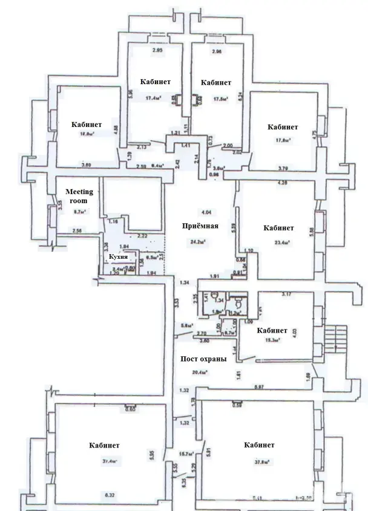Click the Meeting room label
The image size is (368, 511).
coord(79,196)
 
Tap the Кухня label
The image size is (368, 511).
coord(117,257)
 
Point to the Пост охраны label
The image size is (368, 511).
coord(203,359)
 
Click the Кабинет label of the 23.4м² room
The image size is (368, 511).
coord(278,228)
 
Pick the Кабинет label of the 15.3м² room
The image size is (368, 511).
coord(272,331)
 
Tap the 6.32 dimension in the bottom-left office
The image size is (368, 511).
coord(110,495)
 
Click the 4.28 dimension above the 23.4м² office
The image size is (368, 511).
coord(281,182)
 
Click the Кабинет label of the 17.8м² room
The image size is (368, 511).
coord(283,127)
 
